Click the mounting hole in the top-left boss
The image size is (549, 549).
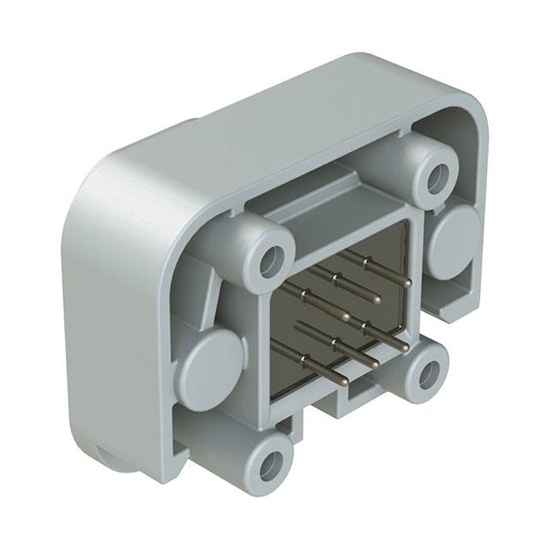[273, 262]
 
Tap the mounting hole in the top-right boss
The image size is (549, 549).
[438, 178]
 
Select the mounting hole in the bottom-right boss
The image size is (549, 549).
[429, 373]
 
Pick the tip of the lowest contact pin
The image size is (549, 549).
[345, 383]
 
